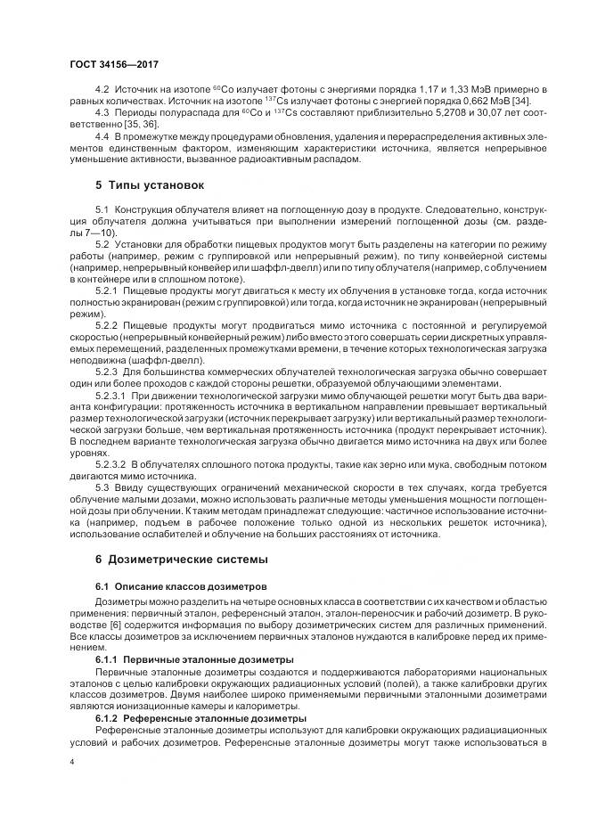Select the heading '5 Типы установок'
[x=150, y=185]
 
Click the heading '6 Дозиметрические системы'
[x=187, y=560]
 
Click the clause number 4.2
[x=101, y=92]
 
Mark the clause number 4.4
[x=101, y=136]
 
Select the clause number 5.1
[x=101, y=208]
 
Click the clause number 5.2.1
[x=106, y=290]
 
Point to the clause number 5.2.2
[x=106, y=326]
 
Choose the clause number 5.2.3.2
[x=111, y=464]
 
